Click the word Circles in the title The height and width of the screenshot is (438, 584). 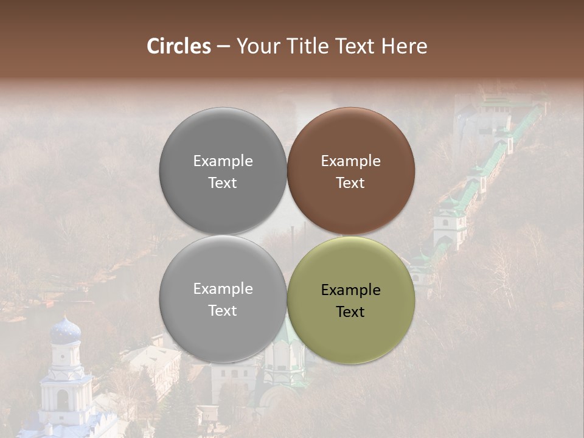pos(178,46)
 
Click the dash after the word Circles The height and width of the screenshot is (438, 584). pos(223,47)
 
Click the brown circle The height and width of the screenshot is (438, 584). pos(350,171)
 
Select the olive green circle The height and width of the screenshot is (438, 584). pos(350,300)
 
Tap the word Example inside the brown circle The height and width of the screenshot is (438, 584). pos(350,161)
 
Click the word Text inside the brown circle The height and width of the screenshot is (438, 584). pos(350,183)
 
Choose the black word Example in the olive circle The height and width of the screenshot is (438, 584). pos(350,290)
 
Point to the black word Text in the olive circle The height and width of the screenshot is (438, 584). pos(350,312)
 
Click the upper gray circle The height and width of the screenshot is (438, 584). pos(223,171)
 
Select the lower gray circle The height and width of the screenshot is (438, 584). pos(223,300)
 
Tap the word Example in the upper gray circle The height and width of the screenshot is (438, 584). pos(223,161)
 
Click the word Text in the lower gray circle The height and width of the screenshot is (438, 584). pos(223,311)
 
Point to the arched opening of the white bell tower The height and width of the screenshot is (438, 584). pos(63,400)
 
